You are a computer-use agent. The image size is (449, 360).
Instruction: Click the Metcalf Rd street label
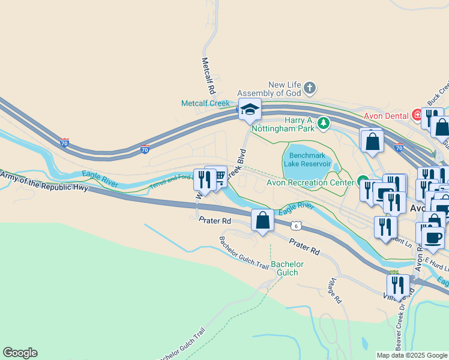pos(208,76)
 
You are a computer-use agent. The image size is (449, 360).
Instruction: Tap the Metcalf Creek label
pos(205,103)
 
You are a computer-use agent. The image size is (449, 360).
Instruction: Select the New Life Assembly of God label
pos(268,89)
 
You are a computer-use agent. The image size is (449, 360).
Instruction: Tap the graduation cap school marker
pos(250,109)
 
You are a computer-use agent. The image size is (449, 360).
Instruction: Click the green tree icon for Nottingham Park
pos(324,124)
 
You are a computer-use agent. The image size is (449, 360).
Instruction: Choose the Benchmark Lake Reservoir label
pos(306,159)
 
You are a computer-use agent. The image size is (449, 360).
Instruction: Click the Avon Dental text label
pos(386,115)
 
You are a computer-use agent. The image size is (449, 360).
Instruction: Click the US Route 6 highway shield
pos(295,225)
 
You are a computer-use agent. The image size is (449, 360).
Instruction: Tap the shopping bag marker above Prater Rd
pos(262,220)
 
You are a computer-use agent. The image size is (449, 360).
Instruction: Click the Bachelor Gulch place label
pos(287,268)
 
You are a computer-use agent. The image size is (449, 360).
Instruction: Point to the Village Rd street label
pos(335,289)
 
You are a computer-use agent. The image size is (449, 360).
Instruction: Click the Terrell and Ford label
pos(171,182)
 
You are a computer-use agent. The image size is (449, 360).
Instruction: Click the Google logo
pos(20,353)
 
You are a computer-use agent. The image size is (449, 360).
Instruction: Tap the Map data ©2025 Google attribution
pos(411,355)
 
